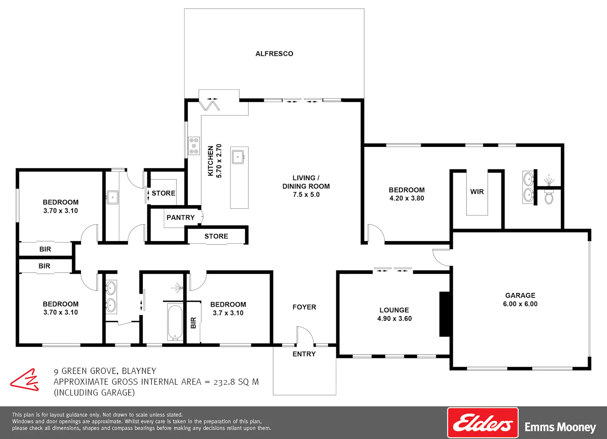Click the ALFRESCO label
tap(274, 54)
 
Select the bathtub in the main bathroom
tap(175, 322)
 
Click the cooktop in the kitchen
tap(194, 146)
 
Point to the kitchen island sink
tap(238, 157)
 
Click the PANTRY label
tap(180, 218)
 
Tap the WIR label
tap(477, 192)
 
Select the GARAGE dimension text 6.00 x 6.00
tap(520, 304)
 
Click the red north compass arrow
tap(25, 380)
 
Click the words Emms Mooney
tap(560, 427)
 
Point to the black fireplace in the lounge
tap(445, 314)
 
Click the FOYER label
tap(304, 307)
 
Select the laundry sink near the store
tap(112, 197)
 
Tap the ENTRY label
tap(304, 354)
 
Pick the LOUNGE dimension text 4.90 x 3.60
tap(395, 319)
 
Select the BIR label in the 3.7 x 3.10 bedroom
tap(193, 323)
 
